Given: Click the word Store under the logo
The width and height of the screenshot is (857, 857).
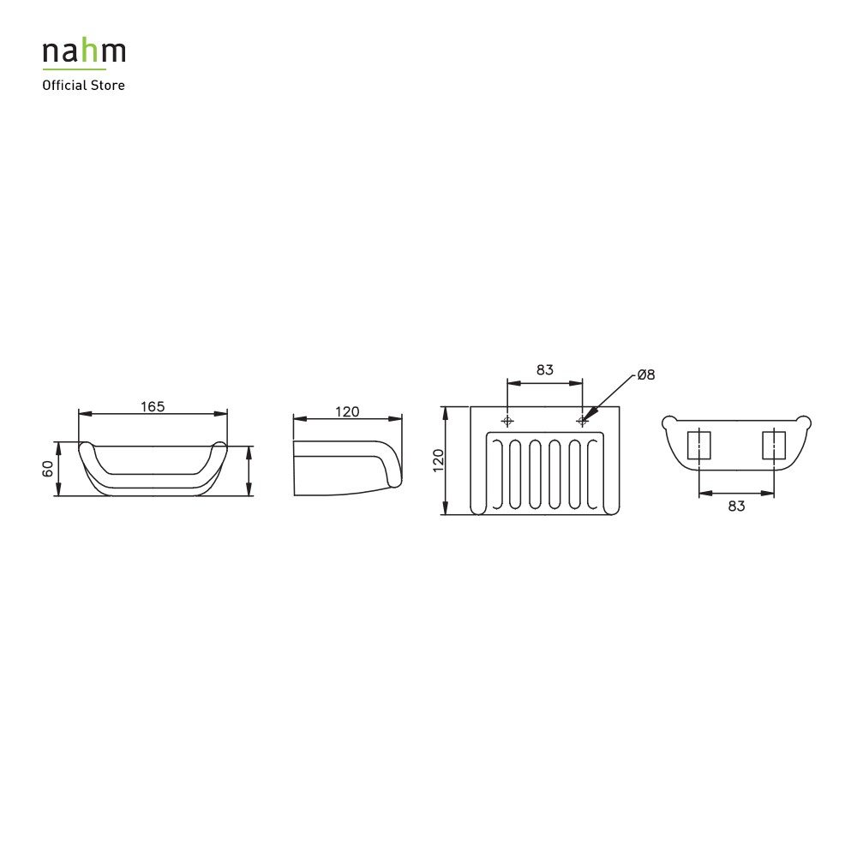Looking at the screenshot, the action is click(x=108, y=85).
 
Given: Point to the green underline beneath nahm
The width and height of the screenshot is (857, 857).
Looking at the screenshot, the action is click(x=75, y=69).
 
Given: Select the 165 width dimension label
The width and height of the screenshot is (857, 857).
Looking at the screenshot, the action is click(x=153, y=406).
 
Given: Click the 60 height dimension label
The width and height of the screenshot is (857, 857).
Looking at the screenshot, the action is click(x=48, y=469).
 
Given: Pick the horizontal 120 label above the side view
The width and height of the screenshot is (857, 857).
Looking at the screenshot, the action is click(x=347, y=411).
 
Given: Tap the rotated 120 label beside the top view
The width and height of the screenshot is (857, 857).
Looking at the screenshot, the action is click(x=438, y=461).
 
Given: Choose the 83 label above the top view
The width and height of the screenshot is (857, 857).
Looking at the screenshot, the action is click(x=545, y=370).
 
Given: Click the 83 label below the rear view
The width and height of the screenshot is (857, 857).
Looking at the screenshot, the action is click(x=736, y=506).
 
